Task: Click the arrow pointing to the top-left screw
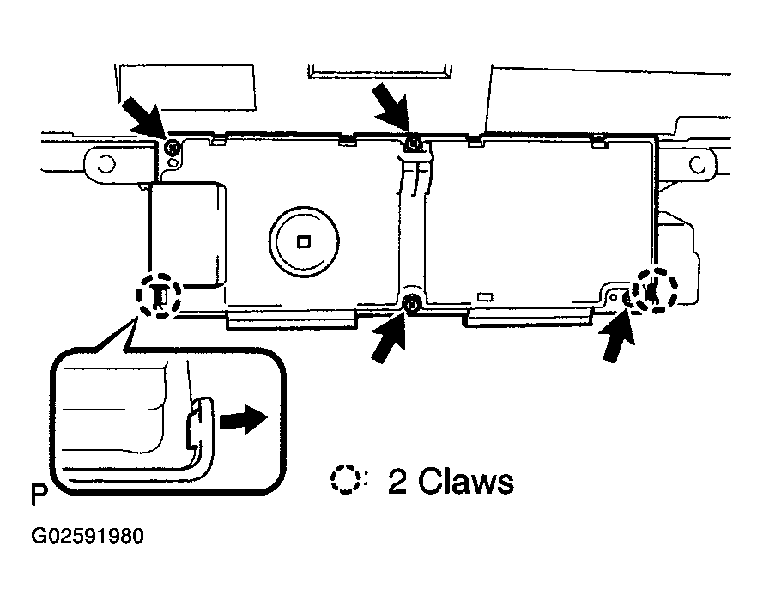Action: click(143, 118)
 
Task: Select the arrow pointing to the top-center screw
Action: click(391, 107)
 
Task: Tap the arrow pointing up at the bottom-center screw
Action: click(391, 336)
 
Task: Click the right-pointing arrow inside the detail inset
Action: click(243, 419)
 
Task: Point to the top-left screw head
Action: click(172, 147)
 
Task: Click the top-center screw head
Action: click(414, 144)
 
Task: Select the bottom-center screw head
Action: click(412, 304)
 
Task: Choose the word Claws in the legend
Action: click(466, 482)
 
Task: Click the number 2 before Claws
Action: click(397, 482)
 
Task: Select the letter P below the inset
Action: click(39, 495)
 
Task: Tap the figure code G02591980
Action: click(88, 536)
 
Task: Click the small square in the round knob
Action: click(304, 241)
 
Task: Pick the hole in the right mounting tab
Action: click(697, 166)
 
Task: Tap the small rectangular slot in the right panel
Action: click(485, 296)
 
